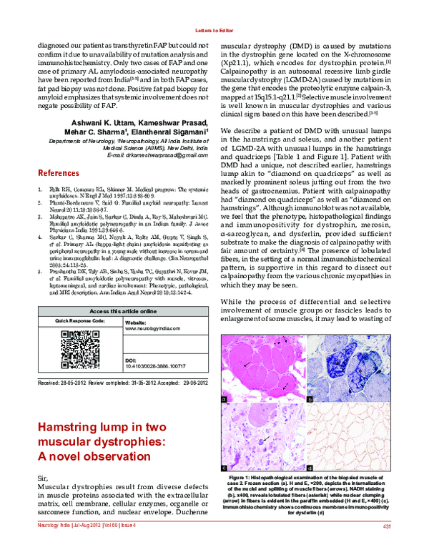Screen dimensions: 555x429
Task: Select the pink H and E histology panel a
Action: click(x=261, y=365)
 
